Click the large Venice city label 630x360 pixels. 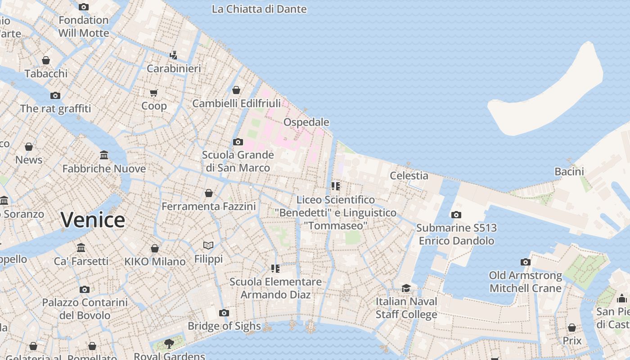click(x=93, y=220)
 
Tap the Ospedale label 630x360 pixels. click(x=306, y=122)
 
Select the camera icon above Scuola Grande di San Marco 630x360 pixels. click(x=238, y=142)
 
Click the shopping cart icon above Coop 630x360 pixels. click(x=154, y=93)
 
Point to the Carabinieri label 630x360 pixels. click(x=174, y=68)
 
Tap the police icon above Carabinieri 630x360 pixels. click(x=173, y=55)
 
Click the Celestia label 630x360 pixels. click(x=409, y=175)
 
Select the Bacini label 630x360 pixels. click(x=569, y=171)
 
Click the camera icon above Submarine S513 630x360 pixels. click(x=456, y=215)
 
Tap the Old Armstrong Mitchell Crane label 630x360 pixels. click(x=525, y=282)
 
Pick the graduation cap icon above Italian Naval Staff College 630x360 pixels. click(x=406, y=288)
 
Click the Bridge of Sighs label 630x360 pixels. click(x=224, y=326)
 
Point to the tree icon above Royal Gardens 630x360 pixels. click(x=169, y=344)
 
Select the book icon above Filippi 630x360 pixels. click(x=208, y=245)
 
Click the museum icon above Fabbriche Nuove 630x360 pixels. click(x=104, y=155)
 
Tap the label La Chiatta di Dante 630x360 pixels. click(x=259, y=9)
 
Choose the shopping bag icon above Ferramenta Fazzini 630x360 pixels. click(x=208, y=193)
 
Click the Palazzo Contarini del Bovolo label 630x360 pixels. click(x=85, y=309)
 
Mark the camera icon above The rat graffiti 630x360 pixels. click(x=55, y=95)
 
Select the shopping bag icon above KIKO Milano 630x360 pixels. click(x=154, y=248)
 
